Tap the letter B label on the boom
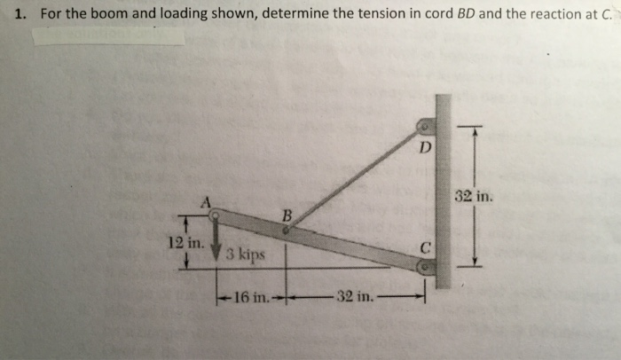[x=286, y=215]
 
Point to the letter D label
[x=425, y=146]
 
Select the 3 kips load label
[x=245, y=255]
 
